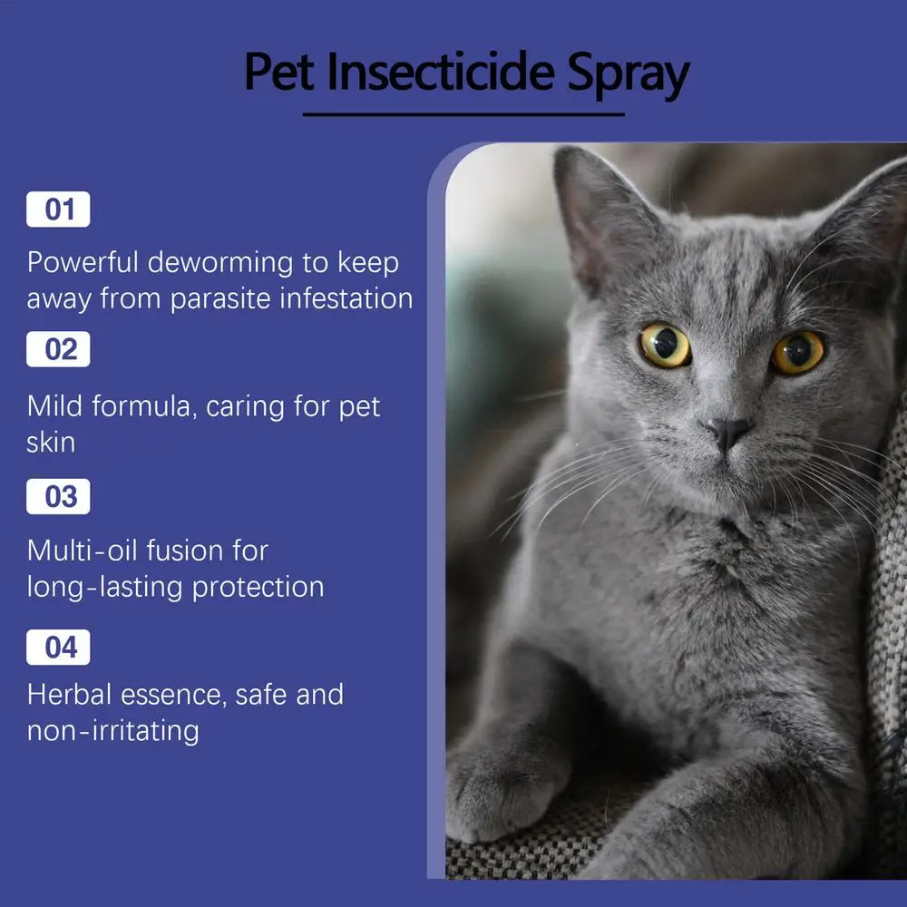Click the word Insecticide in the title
click(x=440, y=72)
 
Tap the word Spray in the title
click(x=629, y=75)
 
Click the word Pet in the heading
click(x=279, y=72)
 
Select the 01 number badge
click(x=58, y=210)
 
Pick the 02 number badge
click(x=58, y=349)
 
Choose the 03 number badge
click(x=58, y=496)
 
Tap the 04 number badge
click(x=58, y=648)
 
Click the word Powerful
click(x=83, y=262)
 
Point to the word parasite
click(x=220, y=300)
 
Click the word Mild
click(x=55, y=406)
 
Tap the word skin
click(x=51, y=443)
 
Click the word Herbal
click(x=70, y=694)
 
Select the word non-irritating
click(x=113, y=730)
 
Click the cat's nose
click(x=728, y=432)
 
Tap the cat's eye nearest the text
click(x=665, y=345)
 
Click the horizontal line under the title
click(x=463, y=114)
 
